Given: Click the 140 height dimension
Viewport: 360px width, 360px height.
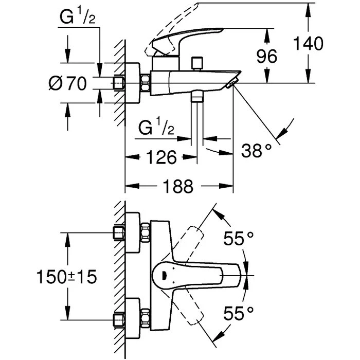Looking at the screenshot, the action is tap(309, 43).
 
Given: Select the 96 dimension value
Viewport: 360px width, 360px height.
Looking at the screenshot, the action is tap(267, 57).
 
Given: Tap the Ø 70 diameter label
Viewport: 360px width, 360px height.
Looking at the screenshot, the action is tap(68, 83).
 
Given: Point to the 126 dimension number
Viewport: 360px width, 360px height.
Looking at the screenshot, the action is tap(161, 157).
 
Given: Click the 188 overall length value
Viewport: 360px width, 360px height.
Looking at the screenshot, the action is tap(178, 186).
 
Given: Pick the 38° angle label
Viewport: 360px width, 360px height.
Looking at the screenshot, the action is tap(256, 150).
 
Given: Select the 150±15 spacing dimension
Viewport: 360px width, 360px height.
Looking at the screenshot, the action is tap(66, 277).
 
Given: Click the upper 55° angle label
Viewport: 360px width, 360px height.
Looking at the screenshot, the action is tap(239, 238).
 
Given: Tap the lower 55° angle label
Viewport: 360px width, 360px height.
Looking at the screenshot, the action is tap(239, 313).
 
